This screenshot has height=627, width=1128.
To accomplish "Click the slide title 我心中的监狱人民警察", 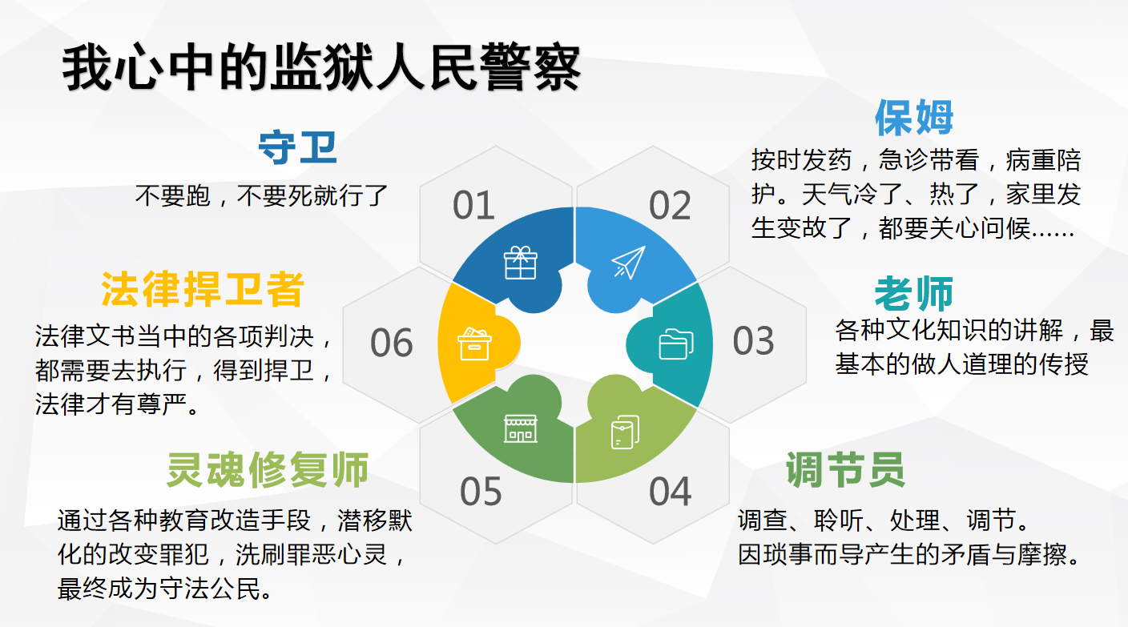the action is point(321,67).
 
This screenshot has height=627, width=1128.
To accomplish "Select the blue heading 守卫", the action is point(297,147).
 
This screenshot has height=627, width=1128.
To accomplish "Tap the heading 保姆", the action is point(914,117).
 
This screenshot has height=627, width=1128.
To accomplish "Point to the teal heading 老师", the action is point(914,293).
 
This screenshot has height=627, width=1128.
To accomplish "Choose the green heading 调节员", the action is point(845,469).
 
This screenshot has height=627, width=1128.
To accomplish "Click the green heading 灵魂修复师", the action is point(268,469).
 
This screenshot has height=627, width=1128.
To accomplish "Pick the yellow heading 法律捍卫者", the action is point(203,289).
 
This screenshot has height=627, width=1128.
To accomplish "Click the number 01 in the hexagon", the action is point(473,205).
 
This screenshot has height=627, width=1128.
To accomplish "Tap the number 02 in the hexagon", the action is point(670,205).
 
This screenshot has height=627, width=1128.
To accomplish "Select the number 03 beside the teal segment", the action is point(753,340).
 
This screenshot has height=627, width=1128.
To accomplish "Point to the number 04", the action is point(671,491).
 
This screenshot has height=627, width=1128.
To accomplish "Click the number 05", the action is point(481,491).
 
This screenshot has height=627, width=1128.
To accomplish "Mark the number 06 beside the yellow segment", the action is point(392,343).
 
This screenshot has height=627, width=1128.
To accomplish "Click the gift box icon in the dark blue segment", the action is point(521,262).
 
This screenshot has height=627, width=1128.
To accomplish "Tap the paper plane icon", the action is point(628,262).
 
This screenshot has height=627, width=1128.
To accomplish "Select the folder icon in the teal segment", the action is point(676,344).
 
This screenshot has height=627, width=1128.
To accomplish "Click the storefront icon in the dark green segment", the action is point(521,428).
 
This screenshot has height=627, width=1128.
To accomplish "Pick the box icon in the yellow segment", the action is point(473,344).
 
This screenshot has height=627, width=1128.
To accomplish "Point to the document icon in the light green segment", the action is point(626,432).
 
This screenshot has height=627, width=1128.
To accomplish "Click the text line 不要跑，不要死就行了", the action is point(261,195).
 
